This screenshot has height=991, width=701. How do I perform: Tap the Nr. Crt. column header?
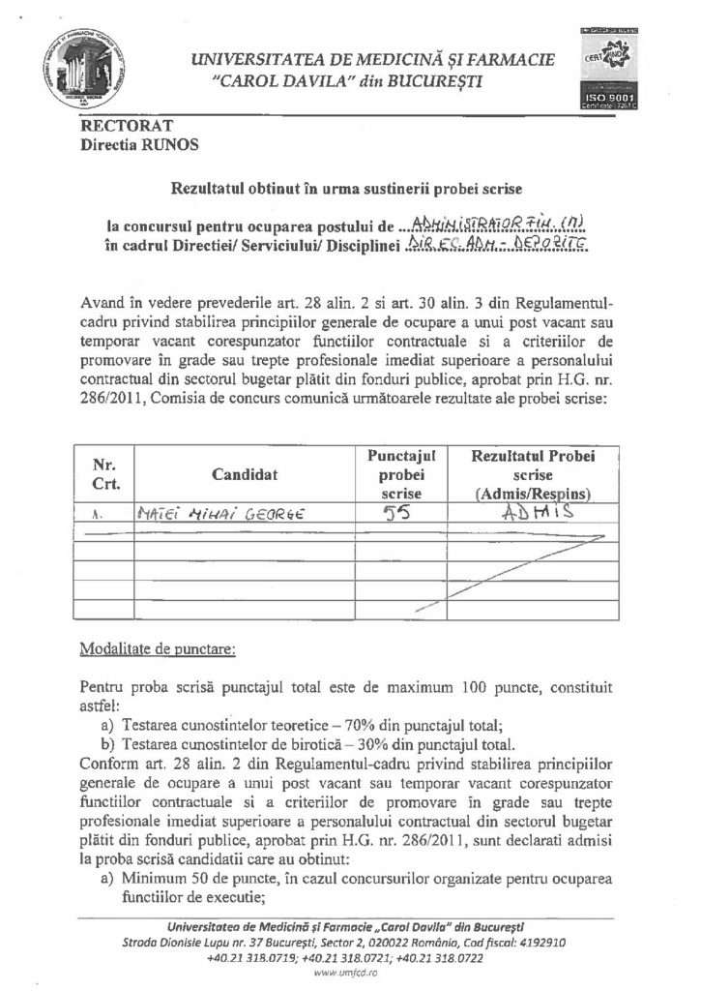pos(103,473)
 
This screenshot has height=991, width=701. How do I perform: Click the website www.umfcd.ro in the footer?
pos(351,977)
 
